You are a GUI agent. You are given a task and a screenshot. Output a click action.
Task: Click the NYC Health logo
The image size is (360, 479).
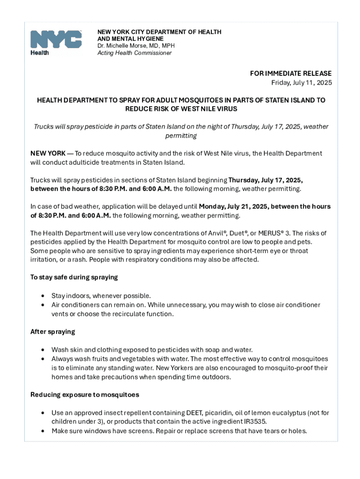56,42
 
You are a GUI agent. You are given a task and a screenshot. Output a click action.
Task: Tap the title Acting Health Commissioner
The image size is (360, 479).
134,53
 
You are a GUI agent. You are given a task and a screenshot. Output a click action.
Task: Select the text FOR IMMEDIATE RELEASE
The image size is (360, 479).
291,73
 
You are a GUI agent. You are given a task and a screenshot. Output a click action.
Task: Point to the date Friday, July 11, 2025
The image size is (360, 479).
302,83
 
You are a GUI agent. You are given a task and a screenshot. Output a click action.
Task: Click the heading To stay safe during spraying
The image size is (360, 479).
74,277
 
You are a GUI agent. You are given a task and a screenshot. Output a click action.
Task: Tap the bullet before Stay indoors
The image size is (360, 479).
43,296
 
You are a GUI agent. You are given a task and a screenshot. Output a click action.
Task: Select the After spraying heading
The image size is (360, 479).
52,332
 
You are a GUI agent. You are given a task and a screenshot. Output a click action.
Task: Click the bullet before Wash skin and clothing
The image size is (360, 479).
43,350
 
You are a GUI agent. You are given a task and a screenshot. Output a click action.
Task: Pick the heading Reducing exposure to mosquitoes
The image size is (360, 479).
85,395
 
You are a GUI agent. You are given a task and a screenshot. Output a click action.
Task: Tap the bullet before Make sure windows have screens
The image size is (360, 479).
43,431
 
